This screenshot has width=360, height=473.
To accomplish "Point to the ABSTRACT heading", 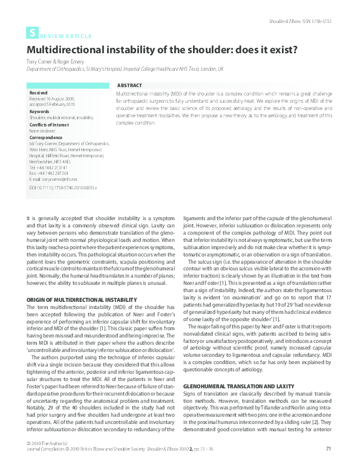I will pos(129,86).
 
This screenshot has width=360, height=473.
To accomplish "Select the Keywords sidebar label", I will pos(39,111).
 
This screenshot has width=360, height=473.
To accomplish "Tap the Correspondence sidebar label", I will pos(46,137).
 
